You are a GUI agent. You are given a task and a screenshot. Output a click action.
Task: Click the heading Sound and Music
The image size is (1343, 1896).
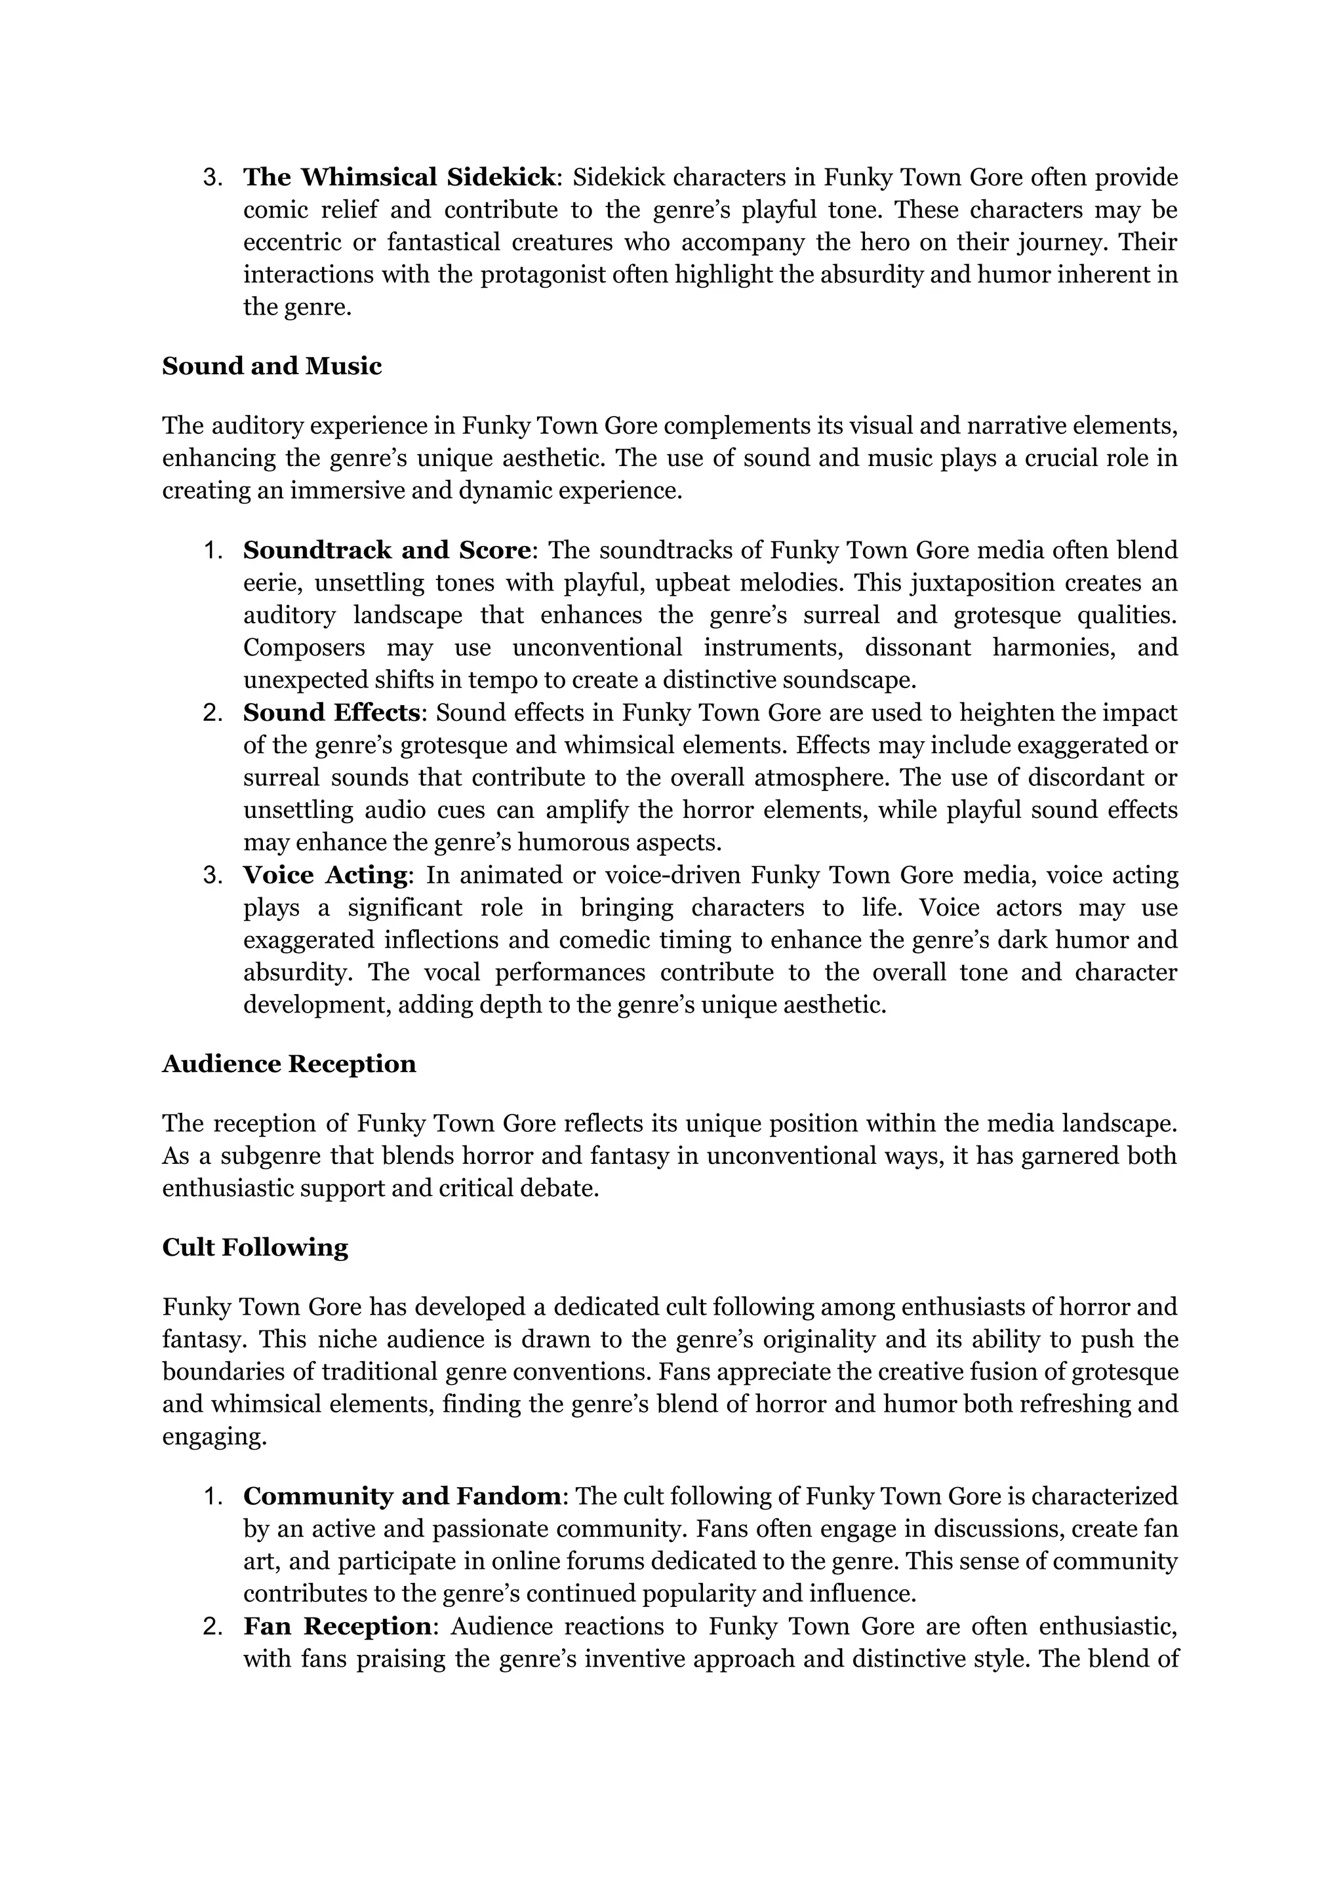click(271, 366)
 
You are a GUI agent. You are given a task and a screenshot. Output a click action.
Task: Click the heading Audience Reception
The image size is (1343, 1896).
click(289, 1064)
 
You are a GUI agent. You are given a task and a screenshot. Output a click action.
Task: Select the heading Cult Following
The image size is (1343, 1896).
click(254, 1247)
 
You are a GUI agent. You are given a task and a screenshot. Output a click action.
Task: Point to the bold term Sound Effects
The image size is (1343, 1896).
click(332, 712)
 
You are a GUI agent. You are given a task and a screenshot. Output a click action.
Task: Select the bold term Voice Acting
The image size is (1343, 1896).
click(325, 876)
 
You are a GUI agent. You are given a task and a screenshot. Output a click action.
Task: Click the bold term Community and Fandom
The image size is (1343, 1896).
click(403, 1497)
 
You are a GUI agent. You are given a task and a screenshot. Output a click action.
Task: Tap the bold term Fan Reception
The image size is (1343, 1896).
click(336, 1627)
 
